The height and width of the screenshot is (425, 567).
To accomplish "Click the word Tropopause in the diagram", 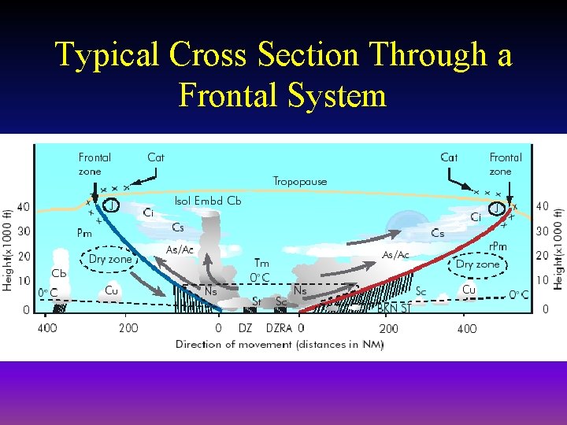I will click(x=299, y=181).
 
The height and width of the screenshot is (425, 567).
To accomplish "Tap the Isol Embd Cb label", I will click(x=208, y=201).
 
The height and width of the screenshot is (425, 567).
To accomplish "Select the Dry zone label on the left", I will click(x=110, y=259).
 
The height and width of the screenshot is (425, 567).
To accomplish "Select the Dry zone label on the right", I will click(x=477, y=264).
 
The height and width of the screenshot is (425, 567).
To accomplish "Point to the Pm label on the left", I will click(x=84, y=232).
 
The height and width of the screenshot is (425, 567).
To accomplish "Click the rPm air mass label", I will click(x=497, y=246).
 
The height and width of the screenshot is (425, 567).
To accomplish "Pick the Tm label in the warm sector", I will click(x=261, y=263).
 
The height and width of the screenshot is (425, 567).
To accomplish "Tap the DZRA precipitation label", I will click(x=279, y=327).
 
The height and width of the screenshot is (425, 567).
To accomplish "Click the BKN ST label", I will click(x=394, y=309).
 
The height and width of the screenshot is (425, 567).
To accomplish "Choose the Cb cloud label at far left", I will click(x=59, y=273).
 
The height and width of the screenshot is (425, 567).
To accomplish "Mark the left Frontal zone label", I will click(x=94, y=164).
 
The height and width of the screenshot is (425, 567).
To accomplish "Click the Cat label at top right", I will click(x=449, y=157).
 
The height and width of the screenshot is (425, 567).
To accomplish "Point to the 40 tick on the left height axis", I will click(x=24, y=207).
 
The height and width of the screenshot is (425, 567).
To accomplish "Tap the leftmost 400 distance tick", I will click(x=47, y=327).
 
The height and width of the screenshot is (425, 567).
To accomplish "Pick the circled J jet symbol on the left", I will click(x=113, y=206).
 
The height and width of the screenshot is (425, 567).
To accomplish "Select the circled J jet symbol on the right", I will click(x=497, y=209).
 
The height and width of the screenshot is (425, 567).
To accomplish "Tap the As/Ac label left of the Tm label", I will click(x=180, y=249).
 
